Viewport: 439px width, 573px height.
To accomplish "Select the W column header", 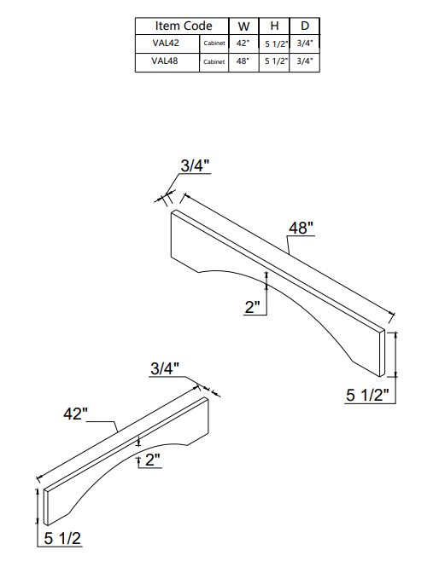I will pos(243,26).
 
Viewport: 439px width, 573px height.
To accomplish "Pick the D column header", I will pos(304,26).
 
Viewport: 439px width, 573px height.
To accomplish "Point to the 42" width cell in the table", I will pos(243,43).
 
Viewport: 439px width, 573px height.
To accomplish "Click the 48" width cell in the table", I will pos(243,61).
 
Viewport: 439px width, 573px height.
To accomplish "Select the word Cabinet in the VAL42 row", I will pos(215,43).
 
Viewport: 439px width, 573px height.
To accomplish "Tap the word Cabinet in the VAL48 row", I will pos(215,62).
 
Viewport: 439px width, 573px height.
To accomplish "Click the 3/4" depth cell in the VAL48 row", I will pos(305,61).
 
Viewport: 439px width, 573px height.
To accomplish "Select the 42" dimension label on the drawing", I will pos(76,414).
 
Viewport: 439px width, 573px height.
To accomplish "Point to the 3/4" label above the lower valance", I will pos(165,368).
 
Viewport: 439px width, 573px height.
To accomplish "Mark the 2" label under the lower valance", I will pos(153,460).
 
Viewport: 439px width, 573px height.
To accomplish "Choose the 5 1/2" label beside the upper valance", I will pos(368,395).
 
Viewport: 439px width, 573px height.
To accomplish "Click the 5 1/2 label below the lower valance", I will pos(62,539).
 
